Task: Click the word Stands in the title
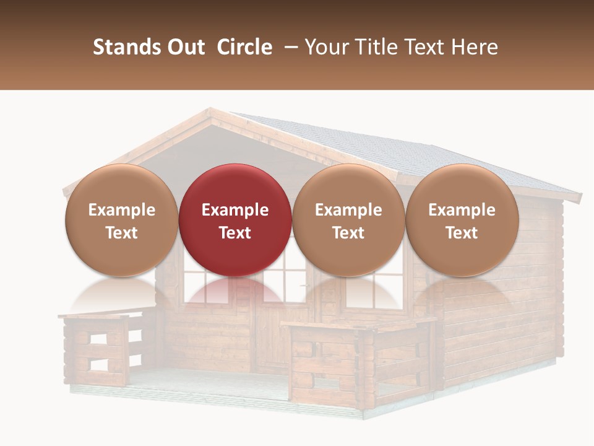(127, 47)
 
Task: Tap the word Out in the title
(186, 47)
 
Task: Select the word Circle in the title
(244, 47)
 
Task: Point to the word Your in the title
(326, 47)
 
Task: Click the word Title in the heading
(372, 47)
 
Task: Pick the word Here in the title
(475, 47)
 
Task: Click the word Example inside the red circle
(235, 210)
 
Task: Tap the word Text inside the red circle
(235, 233)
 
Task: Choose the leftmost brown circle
(121, 186)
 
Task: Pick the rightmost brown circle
(462, 186)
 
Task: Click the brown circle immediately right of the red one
(348, 186)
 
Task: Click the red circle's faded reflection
(235, 291)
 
